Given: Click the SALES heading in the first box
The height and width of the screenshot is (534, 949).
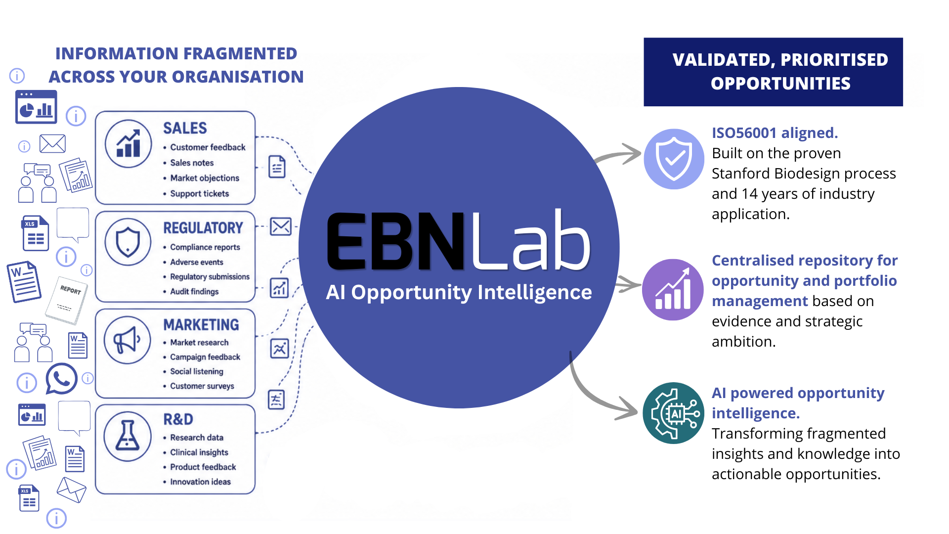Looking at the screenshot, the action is pyautogui.click(x=185, y=128).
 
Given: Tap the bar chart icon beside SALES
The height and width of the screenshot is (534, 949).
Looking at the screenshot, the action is pyautogui.click(x=129, y=144).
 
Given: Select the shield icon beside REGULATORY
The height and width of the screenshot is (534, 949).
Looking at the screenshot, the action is pyautogui.click(x=128, y=242).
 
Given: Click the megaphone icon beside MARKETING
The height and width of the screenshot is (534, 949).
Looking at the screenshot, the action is pyautogui.click(x=128, y=340).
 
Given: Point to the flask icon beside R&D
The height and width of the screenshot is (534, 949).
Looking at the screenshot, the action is pyautogui.click(x=128, y=437).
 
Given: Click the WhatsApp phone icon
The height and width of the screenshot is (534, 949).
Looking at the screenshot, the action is pyautogui.click(x=61, y=379).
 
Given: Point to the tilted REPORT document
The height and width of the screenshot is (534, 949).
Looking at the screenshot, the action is pyautogui.click(x=66, y=300).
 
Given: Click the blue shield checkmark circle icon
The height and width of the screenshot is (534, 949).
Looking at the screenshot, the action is pyautogui.click(x=674, y=159).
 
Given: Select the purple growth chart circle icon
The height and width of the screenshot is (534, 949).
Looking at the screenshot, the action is pyautogui.click(x=673, y=290).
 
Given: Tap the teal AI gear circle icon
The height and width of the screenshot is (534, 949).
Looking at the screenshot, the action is pyautogui.click(x=673, y=413).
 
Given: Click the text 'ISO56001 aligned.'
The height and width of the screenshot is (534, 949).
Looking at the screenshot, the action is pyautogui.click(x=775, y=133).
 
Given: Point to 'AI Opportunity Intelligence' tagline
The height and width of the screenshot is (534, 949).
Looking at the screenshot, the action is pyautogui.click(x=459, y=293).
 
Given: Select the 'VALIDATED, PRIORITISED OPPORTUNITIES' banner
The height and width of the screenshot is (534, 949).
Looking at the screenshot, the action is pyautogui.click(x=773, y=72).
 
